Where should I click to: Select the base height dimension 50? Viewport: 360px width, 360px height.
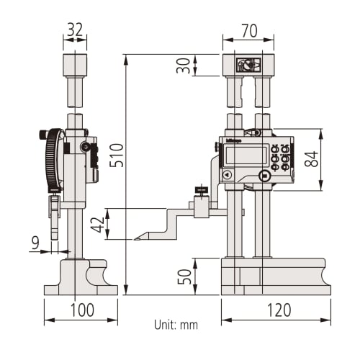click(184, 276)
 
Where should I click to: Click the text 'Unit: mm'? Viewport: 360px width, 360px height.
click(176, 325)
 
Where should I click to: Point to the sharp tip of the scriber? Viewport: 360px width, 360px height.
click(136, 239)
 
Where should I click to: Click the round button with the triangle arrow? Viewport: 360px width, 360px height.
click(227, 175)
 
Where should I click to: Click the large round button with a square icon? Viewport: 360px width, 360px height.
click(264, 175)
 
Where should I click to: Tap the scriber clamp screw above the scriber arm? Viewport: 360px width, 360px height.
click(201, 192)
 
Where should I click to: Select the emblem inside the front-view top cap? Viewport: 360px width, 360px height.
click(247, 66)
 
